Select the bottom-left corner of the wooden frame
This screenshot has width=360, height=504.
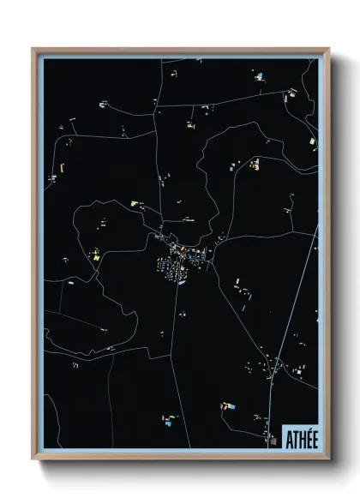pyautogui.click(x=33, y=459)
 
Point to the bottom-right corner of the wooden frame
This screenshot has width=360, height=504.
pyautogui.click(x=328, y=459)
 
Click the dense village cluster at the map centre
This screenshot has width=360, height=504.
pyautogui.click(x=176, y=257)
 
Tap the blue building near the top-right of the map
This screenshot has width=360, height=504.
pyautogui.click(x=258, y=77)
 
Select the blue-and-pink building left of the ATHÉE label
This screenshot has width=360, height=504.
pyautogui.click(x=229, y=405)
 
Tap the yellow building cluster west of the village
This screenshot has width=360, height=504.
pyautogui.click(x=97, y=255)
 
